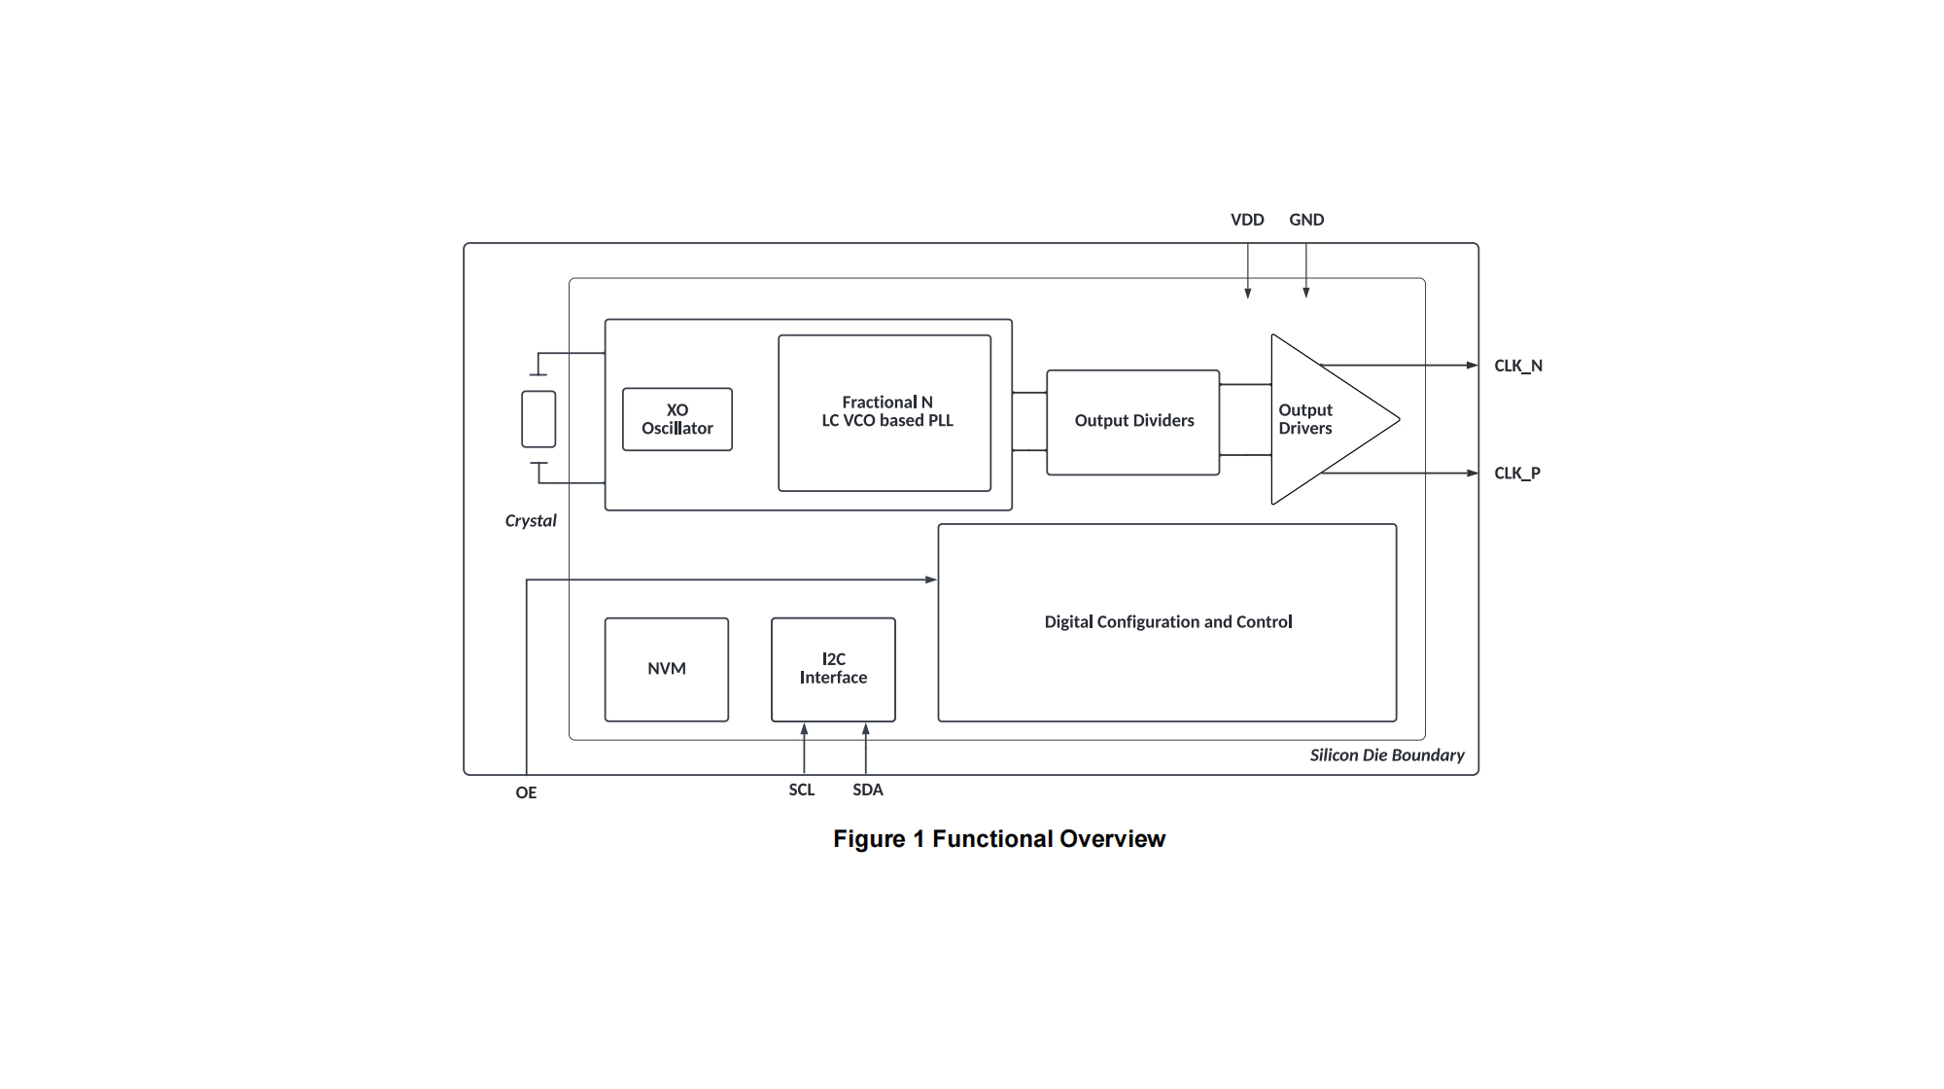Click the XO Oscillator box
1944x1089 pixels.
(x=677, y=419)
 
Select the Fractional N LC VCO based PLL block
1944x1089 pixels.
(x=885, y=412)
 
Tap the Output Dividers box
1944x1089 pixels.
(x=1133, y=421)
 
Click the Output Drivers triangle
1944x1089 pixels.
(x=1322, y=419)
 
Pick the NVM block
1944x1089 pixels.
(x=667, y=669)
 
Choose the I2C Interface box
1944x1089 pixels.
(x=833, y=669)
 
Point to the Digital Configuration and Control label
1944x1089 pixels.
(x=1168, y=622)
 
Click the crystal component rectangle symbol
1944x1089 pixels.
(x=538, y=419)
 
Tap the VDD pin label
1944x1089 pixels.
(x=1247, y=220)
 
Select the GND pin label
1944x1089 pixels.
(x=1306, y=220)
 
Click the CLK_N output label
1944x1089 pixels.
(x=1518, y=366)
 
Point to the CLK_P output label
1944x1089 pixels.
(x=1517, y=474)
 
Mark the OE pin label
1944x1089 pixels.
(x=526, y=792)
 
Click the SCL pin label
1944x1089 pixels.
(x=802, y=790)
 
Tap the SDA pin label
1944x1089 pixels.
(x=868, y=790)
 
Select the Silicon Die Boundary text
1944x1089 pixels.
(x=1387, y=755)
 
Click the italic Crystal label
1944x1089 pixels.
(x=531, y=521)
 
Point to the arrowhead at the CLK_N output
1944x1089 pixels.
(x=1473, y=366)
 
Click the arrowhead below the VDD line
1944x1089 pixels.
(x=1248, y=293)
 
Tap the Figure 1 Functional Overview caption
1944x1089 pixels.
(x=999, y=839)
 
